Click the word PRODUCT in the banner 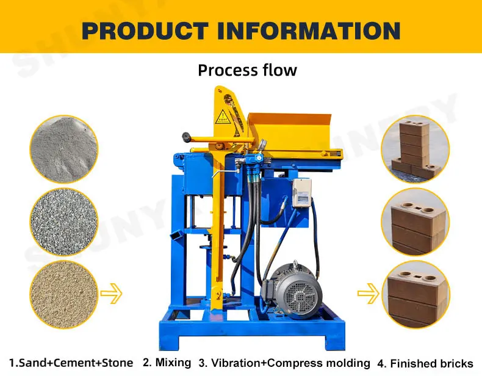(145, 31)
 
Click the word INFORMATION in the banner (309, 31)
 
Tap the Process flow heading (248, 70)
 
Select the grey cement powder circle (64, 150)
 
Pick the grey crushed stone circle (64, 222)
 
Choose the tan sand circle (64, 295)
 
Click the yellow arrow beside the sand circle (111, 294)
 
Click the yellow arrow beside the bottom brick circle (369, 294)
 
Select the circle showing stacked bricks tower (415, 150)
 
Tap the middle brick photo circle (415, 222)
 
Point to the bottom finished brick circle (415, 295)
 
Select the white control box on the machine (301, 193)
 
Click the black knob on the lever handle (185, 137)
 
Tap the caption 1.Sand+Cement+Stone (71, 363)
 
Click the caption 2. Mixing (167, 363)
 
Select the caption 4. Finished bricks (425, 363)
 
